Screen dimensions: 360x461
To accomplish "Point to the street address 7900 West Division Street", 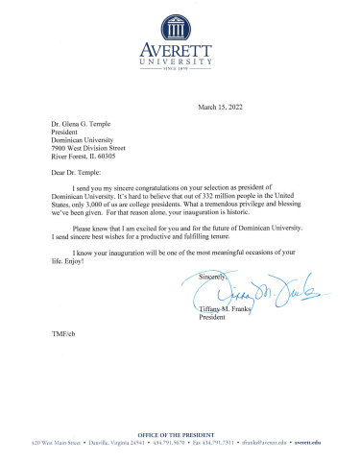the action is point(100,147).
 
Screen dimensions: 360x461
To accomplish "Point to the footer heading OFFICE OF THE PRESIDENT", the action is point(179,435).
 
